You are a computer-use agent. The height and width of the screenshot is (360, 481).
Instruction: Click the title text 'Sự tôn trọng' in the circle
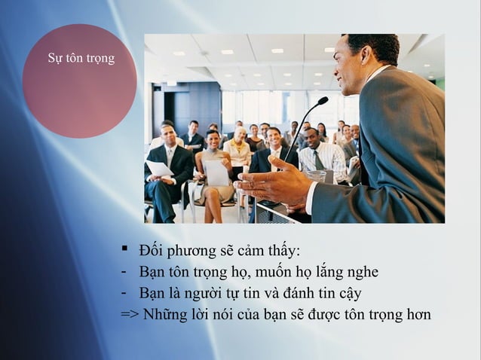[x=81, y=58]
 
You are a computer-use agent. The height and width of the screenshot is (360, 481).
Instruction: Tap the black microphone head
[x=323, y=100]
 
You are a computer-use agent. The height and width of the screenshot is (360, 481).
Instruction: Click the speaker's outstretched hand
[x=271, y=185]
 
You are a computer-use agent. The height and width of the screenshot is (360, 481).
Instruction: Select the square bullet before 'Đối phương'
[x=126, y=249]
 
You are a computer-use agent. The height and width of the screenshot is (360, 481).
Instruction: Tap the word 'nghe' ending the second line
[x=360, y=273]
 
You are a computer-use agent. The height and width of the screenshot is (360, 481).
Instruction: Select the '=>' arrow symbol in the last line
[x=130, y=314]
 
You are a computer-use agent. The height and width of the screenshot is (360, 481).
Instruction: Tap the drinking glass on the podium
[x=316, y=178]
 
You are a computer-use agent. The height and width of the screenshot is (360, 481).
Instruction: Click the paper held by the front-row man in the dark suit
[x=159, y=168]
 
